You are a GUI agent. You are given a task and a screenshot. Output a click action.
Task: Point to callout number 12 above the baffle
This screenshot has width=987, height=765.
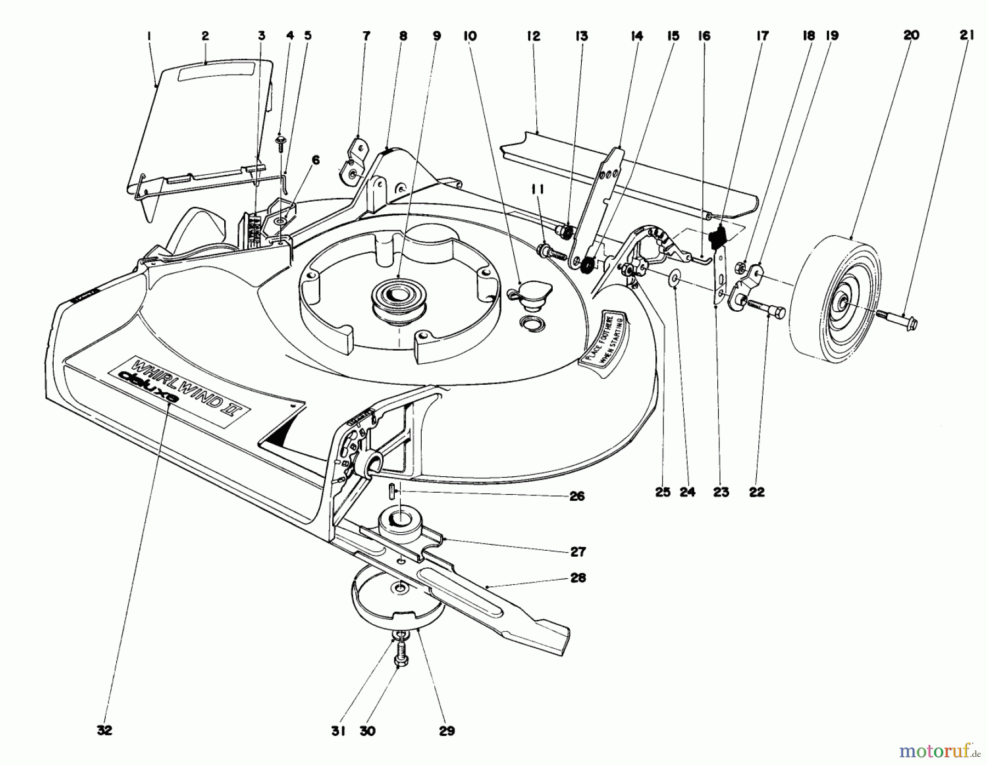[533, 36]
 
